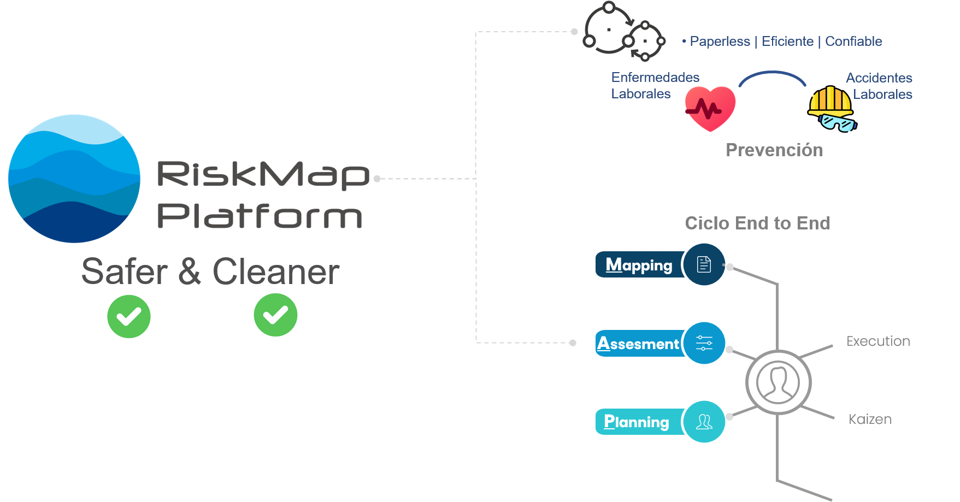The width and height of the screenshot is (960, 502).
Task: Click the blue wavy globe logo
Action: pos(74,179)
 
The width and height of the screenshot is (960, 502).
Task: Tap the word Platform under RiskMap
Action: pos(260,216)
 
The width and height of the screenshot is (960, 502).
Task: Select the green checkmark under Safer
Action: pos(129,316)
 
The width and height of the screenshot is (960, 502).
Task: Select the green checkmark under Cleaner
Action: pos(275,315)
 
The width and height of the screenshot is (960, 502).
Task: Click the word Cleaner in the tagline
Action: pos(276,271)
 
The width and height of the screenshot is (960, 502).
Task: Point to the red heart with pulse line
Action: pos(710,108)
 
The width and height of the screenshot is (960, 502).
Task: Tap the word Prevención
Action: pos(774,150)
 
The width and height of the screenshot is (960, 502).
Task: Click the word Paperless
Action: pos(720,42)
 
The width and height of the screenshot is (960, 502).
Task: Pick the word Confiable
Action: pos(853,42)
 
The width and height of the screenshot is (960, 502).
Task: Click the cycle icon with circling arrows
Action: pos(624,32)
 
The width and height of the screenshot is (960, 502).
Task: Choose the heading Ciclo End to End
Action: pos(757,223)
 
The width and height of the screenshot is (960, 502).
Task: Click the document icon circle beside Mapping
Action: pos(704,265)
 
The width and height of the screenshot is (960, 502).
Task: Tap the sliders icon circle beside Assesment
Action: pos(704,343)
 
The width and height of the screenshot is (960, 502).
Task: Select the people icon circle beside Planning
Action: pos(704,422)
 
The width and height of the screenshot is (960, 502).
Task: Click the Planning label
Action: pos(637,422)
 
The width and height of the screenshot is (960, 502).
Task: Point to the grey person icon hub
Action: pos(778,382)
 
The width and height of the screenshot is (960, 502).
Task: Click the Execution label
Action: pos(878,341)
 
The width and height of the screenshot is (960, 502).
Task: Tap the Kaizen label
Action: pos(870,420)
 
